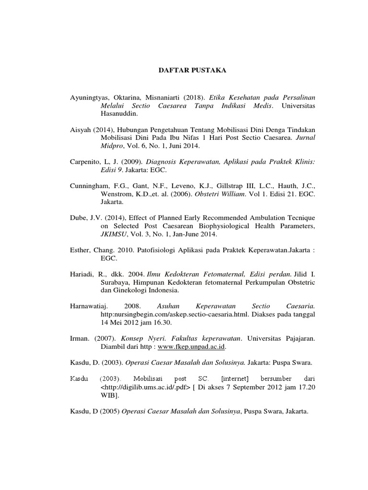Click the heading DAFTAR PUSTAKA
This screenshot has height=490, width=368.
click(x=184, y=71)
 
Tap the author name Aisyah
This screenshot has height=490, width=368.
click(x=79, y=130)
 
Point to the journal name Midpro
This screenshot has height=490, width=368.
click(x=112, y=146)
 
